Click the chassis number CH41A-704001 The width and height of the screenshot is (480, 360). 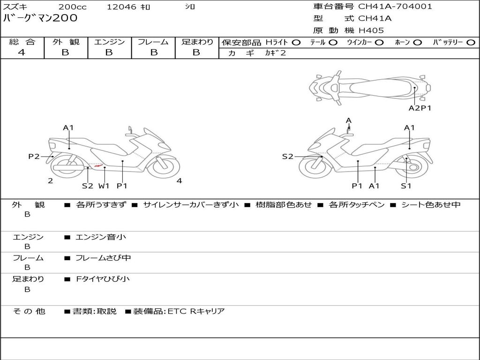coord(395,7)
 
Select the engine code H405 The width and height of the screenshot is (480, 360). coord(371,30)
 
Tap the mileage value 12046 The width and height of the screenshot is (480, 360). coord(121,7)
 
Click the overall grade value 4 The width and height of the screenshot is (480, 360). coord(22,52)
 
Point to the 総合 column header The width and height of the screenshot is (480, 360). coord(22,42)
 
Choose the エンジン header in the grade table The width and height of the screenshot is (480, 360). coord(109,42)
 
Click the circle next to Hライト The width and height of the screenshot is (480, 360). coord(296,43)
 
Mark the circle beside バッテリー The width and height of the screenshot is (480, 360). coord(471,43)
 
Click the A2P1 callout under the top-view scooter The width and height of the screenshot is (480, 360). coord(420,108)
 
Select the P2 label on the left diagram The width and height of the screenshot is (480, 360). coord(34,157)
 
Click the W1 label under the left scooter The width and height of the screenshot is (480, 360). coord(104,186)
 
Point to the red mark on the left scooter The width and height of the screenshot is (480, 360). coord(97,165)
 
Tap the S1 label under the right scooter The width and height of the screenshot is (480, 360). coord(406,186)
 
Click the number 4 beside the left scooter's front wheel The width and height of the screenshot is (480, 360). coord(179,181)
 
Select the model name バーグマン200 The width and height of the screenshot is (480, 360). coord(40,19)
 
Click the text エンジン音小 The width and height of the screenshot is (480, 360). coord(101,237)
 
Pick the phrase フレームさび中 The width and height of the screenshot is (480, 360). coord(103,258)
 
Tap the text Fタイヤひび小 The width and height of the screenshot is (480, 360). coord(103,279)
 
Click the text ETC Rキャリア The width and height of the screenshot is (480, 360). coord(196,311)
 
